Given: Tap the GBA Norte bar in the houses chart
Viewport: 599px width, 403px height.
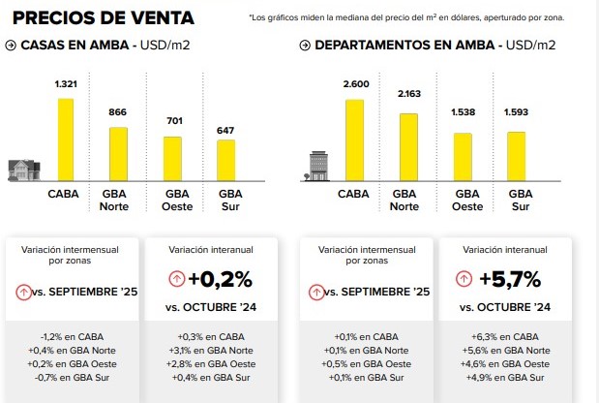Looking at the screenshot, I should click(118, 154).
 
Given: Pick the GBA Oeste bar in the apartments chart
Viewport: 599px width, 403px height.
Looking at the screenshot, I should click(463, 156).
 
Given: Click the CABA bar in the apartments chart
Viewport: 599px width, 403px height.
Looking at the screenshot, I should click(355, 137).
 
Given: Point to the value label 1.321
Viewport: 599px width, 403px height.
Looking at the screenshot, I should click(65, 86).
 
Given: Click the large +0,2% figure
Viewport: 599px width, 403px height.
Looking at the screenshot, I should click(220, 279).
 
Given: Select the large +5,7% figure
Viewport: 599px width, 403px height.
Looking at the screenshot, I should click(512, 279).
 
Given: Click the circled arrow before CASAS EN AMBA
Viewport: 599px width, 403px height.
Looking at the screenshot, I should click(11, 46).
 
